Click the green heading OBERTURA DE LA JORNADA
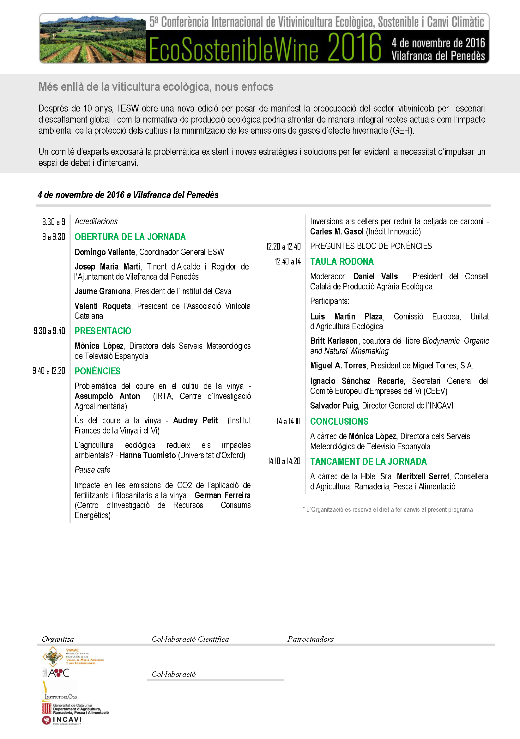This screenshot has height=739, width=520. pos(130,237)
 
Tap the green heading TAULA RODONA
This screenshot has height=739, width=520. pos(342,261)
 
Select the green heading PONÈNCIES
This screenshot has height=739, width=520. pos(98,371)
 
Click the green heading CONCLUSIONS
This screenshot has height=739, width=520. pos(339,421)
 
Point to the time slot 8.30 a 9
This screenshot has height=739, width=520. pos(53,222)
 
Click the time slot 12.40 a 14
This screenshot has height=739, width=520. pos(288,261)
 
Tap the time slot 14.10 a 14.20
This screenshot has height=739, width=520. pos(284,461)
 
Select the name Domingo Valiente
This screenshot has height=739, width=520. pos(105,252)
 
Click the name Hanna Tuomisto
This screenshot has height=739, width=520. pos(148,455)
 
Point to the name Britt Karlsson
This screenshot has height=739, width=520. pos(334,341)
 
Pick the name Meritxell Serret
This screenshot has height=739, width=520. pos(423,476)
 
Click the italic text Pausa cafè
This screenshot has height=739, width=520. pos(92,470)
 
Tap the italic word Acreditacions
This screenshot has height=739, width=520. pos(96,221)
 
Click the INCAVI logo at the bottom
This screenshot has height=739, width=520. pos(62,720)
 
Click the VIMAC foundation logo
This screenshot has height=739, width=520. pos(73,657)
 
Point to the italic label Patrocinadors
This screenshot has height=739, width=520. pos(310,639)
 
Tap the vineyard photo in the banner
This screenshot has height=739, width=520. pos(93,39)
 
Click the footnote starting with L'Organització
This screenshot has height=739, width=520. pos(388,510)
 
